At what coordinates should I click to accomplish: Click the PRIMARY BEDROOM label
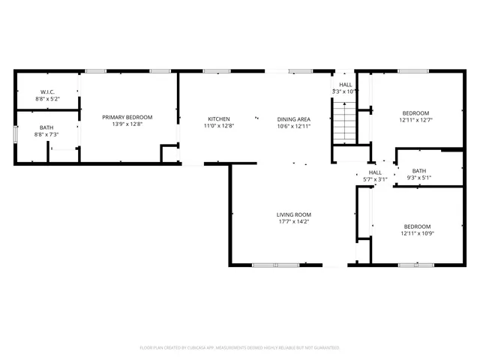point(127,117)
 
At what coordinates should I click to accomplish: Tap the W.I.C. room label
point(47,91)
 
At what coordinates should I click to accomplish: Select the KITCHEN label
point(219,119)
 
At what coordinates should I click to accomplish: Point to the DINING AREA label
point(293,119)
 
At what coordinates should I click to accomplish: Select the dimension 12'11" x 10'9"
point(417,233)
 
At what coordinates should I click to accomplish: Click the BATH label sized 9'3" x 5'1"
point(418,170)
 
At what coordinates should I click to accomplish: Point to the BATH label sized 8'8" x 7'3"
point(46,127)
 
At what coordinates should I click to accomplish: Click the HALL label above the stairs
point(345,85)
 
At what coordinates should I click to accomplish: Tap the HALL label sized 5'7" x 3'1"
point(375,172)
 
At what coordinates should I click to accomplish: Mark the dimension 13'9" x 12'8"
point(127,124)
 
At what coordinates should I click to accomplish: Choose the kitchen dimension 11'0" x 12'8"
point(219,126)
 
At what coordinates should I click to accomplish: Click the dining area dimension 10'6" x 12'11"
point(293,126)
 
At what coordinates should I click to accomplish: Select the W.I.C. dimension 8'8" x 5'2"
point(47,98)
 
